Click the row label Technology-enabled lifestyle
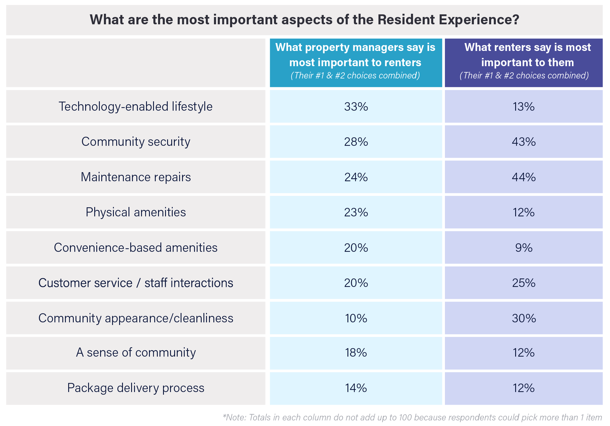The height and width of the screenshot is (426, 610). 136,107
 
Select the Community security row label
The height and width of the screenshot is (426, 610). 136,142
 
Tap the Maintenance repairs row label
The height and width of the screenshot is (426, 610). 136,177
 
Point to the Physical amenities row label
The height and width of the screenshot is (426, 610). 136,212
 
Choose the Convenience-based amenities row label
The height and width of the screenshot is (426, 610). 136,248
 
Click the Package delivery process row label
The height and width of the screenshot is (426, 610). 136,388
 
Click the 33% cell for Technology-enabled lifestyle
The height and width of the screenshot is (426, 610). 356,107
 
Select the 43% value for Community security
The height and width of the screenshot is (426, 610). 524,142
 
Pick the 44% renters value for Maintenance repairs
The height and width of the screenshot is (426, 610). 524,177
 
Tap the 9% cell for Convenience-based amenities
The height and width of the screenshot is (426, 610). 524,248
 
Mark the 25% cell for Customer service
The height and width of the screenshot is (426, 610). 524,283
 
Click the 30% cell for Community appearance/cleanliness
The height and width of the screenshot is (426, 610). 524,318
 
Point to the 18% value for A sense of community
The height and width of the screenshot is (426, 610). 356,353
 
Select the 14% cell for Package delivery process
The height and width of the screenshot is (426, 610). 356,388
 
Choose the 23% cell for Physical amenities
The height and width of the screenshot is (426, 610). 356,212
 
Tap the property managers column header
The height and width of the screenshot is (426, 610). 356,62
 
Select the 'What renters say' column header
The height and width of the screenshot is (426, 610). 524,62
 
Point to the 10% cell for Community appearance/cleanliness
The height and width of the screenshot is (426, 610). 356,318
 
